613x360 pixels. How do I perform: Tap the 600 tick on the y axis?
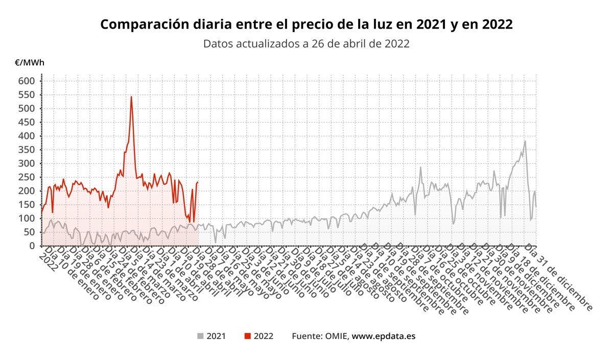pyautogui.click(x=27, y=81)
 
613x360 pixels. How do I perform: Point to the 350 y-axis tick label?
pyautogui.click(x=27, y=150)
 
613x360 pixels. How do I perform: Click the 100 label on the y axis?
pyautogui.click(x=27, y=219)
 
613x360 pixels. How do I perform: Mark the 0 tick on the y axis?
pyautogui.click(x=31, y=246)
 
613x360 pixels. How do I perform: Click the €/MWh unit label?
pyautogui.click(x=30, y=63)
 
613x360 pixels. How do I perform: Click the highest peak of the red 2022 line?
pyautogui.click(x=131, y=97)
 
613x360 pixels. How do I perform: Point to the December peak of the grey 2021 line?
pyautogui.click(x=525, y=141)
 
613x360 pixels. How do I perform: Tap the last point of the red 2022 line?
pyautogui.click(x=198, y=182)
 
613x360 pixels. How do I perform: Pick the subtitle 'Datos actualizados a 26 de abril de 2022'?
pyautogui.click(x=306, y=43)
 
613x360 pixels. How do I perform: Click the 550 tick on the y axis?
pyautogui.click(x=27, y=94)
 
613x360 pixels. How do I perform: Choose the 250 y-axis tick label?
pyautogui.click(x=27, y=177)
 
